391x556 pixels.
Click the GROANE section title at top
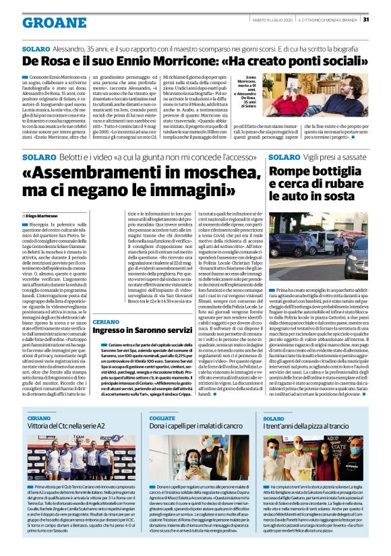click(x=45, y=22)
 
